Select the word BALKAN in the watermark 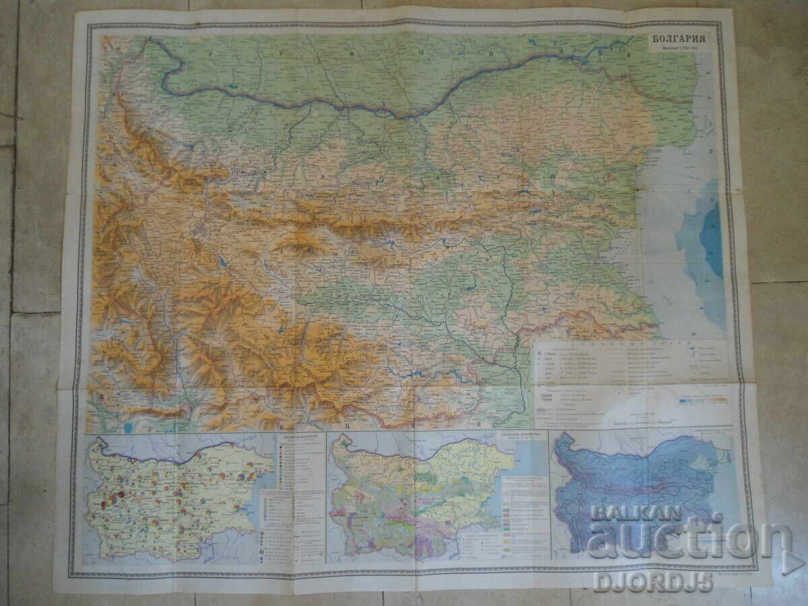point(627,513)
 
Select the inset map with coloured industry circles point(178,498)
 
